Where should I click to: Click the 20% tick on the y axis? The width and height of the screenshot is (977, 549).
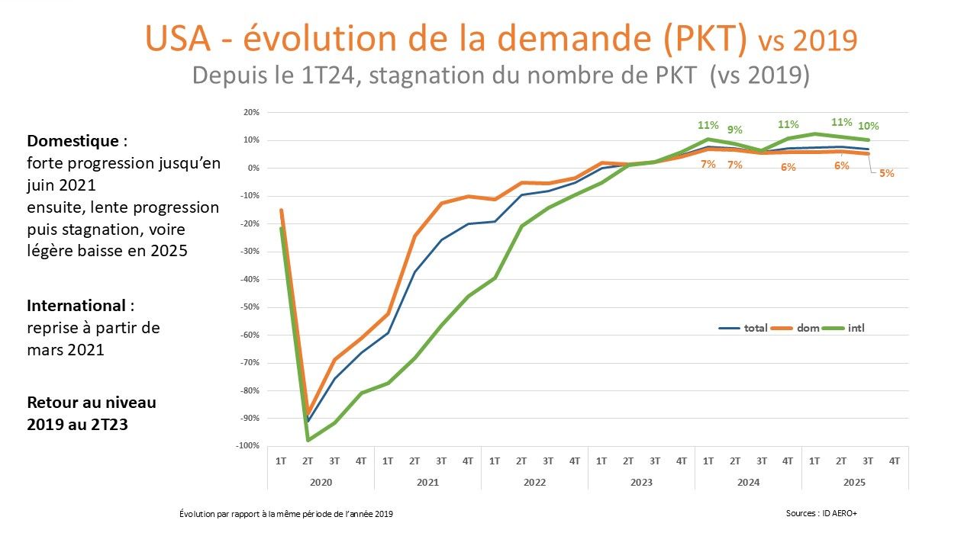251,112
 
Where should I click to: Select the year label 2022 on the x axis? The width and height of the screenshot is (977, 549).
534,482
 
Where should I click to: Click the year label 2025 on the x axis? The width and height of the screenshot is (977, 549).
855,482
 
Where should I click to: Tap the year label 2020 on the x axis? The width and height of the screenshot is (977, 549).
321,482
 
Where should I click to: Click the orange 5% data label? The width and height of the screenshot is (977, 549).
886,173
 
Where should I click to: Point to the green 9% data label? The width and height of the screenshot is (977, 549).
735,130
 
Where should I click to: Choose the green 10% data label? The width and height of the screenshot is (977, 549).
868,126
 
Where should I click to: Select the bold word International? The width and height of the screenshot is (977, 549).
76,306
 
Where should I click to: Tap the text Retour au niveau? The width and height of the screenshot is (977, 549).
92,402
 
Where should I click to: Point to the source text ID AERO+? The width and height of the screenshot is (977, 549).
840,513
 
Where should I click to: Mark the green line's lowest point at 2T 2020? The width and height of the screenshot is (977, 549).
308,440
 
